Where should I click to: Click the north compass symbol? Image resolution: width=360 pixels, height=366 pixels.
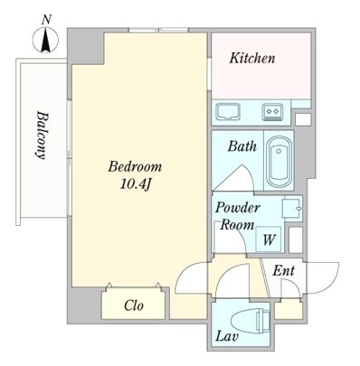(45, 40)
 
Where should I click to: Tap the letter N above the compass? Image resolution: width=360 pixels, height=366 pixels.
(45, 20)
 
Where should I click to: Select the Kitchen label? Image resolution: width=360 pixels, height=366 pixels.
(252, 58)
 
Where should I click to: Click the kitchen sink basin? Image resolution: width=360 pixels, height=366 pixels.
(229, 112)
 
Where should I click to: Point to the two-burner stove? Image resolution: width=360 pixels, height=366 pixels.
(272, 112)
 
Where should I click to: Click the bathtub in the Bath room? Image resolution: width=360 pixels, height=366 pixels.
(279, 162)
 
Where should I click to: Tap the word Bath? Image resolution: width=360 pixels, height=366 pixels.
(242, 146)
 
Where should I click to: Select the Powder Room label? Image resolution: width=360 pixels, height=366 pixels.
(237, 216)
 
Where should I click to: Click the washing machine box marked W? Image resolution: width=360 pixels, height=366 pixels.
(269, 239)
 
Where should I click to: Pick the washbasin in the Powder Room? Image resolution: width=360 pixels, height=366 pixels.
(291, 208)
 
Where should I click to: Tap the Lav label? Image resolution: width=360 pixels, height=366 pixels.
(227, 336)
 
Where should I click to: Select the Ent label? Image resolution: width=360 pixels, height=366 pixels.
(283, 270)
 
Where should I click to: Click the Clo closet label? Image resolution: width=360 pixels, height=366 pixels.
(134, 305)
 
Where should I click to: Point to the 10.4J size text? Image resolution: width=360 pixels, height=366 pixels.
(135, 184)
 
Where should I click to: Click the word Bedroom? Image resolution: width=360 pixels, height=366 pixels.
(135, 166)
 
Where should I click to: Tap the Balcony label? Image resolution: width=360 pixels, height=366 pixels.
(42, 136)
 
